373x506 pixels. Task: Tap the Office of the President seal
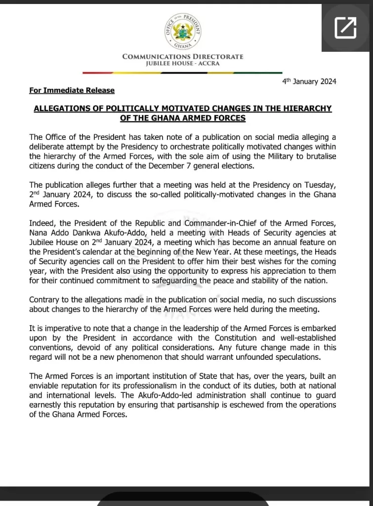tap(183, 31)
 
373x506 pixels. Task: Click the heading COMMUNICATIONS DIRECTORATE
tap(183, 56)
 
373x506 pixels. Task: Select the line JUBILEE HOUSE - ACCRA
tap(183, 63)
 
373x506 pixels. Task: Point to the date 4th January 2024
tap(309, 82)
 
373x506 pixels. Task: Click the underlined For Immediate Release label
tap(72, 90)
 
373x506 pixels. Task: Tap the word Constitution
tap(236, 338)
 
